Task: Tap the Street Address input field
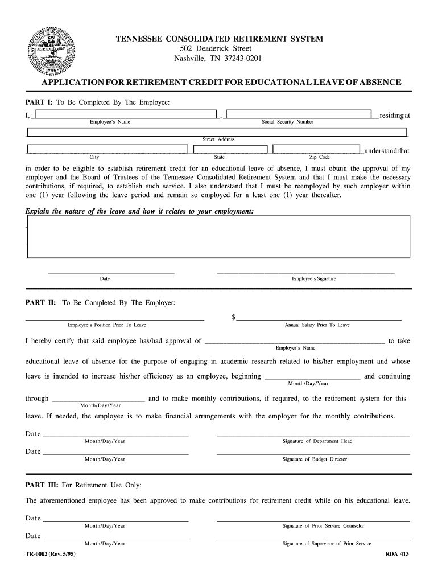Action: [x=217, y=133]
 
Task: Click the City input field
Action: [x=108, y=150]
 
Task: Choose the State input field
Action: [x=230, y=150]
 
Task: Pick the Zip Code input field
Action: [x=317, y=150]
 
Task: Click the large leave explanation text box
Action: [x=218, y=236]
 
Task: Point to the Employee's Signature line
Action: [x=305, y=273]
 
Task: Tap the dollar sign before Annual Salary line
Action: [x=234, y=317]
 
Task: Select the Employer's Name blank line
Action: [x=294, y=343]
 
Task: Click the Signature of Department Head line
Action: [x=313, y=436]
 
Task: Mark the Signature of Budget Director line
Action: [x=313, y=453]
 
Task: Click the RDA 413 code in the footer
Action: [x=397, y=554]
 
